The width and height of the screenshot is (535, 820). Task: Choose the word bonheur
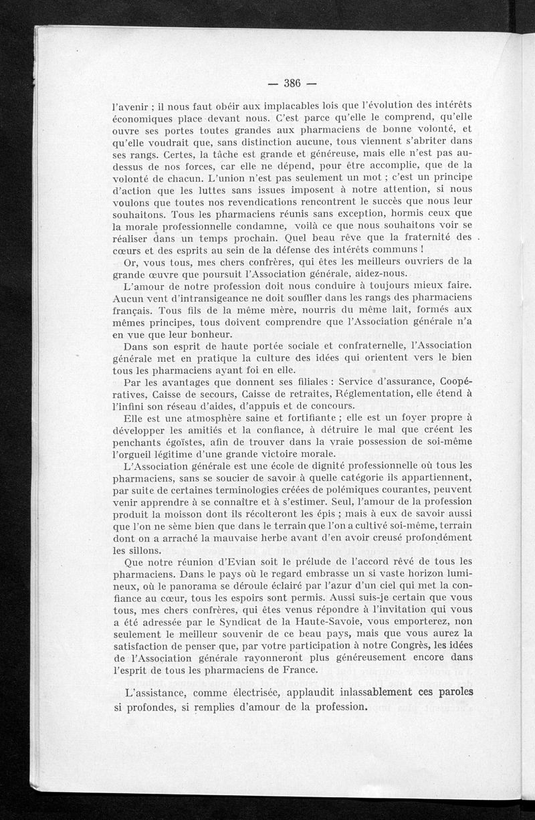click(195, 334)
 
